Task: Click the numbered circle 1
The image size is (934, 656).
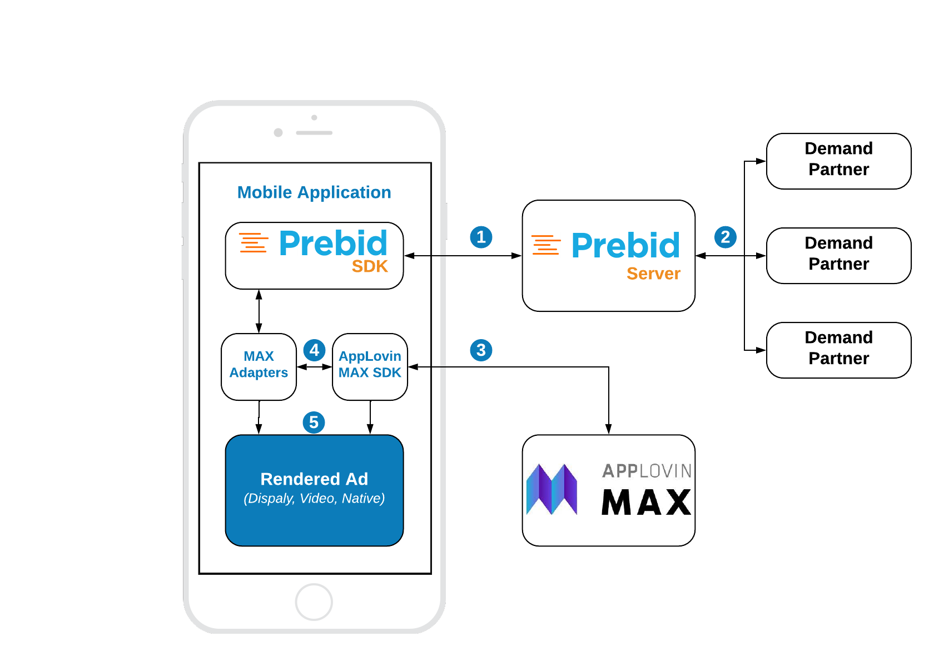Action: pos(481,237)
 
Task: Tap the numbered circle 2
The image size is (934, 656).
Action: pos(725,237)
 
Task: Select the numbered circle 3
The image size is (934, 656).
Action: pos(481,350)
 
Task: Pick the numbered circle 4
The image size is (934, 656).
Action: pos(314,350)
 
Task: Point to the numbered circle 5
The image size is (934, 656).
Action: pos(314,423)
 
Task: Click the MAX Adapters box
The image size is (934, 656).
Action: pos(259,366)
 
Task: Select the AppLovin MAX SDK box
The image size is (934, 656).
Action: pos(370,366)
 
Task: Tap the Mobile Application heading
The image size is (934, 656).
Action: pos(314,192)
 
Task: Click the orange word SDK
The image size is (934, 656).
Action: pos(370,267)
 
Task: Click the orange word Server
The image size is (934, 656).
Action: pos(653,274)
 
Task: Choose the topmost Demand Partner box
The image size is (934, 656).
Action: pos(838,161)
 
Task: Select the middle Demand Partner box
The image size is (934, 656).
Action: pos(838,256)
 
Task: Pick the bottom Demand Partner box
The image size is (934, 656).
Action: pos(838,350)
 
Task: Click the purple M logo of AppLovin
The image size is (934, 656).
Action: pos(552,489)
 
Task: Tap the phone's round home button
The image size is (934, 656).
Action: pos(314,602)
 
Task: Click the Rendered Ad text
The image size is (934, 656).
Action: pos(314,479)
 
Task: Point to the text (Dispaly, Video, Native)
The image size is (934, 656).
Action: pos(314,499)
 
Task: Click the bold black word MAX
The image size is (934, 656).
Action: pos(646,503)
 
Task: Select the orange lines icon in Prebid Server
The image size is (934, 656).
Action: pos(545,245)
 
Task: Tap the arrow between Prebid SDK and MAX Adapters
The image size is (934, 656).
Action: pos(259,311)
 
